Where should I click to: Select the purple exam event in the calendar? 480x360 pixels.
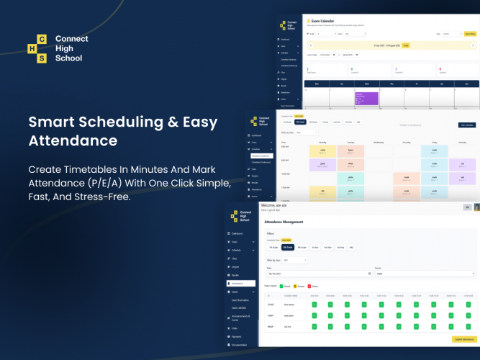pos(366,98)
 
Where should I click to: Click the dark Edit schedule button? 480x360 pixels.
pos(466,125)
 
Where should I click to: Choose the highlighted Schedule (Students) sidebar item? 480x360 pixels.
pos(262,156)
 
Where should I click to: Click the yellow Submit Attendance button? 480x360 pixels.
pos(463,339)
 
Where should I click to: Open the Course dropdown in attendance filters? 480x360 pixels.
pos(425,274)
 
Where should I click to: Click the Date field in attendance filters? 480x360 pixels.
pos(317,274)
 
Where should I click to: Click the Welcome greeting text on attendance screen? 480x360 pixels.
pos(274,205)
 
